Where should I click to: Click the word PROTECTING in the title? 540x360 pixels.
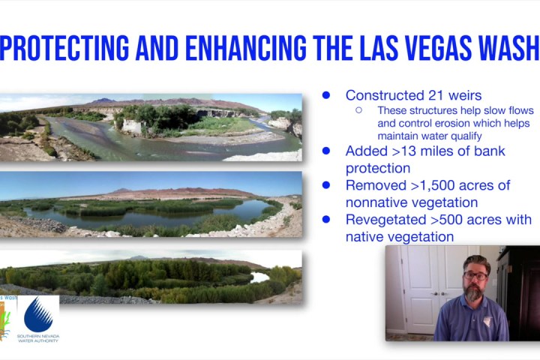(x=64, y=48)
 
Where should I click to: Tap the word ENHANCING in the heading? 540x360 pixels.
(x=246, y=48)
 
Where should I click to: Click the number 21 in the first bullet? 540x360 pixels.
(x=436, y=95)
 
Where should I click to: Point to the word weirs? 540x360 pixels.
(x=465, y=95)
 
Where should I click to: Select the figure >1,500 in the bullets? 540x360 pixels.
(x=433, y=185)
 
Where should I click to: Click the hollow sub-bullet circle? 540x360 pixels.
(x=358, y=110)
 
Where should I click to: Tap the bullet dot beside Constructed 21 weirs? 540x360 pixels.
(x=325, y=95)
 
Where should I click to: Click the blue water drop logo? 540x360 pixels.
(x=38, y=314)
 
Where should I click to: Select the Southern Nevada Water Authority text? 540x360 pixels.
(x=38, y=338)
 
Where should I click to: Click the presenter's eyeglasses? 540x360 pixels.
(x=475, y=275)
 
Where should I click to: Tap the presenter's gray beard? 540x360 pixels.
(x=474, y=292)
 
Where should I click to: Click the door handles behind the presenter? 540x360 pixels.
(x=439, y=294)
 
